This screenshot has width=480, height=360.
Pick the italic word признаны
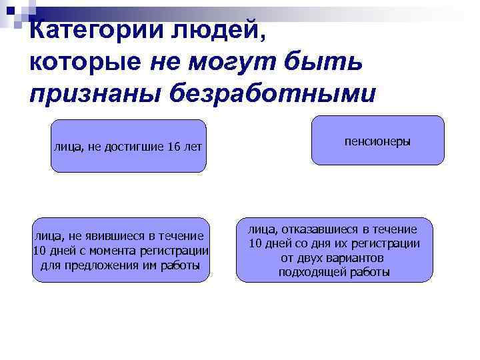93,93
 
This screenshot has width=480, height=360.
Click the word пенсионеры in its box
377,142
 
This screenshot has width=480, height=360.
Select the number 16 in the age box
174,146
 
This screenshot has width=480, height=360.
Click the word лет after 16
193,146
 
